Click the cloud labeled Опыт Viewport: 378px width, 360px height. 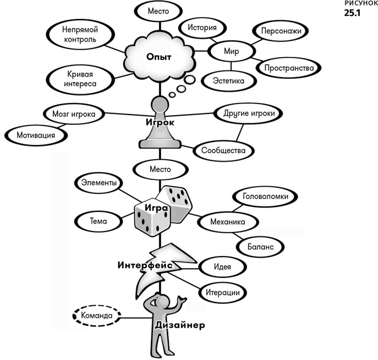click(158, 57)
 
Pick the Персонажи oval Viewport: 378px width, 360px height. click(280, 30)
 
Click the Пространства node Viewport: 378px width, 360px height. click(289, 67)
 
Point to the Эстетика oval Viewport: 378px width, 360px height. click(228, 81)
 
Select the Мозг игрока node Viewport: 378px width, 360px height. click(72, 113)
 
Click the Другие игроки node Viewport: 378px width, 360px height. click(246, 113)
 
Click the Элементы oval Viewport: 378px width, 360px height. click(99, 182)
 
